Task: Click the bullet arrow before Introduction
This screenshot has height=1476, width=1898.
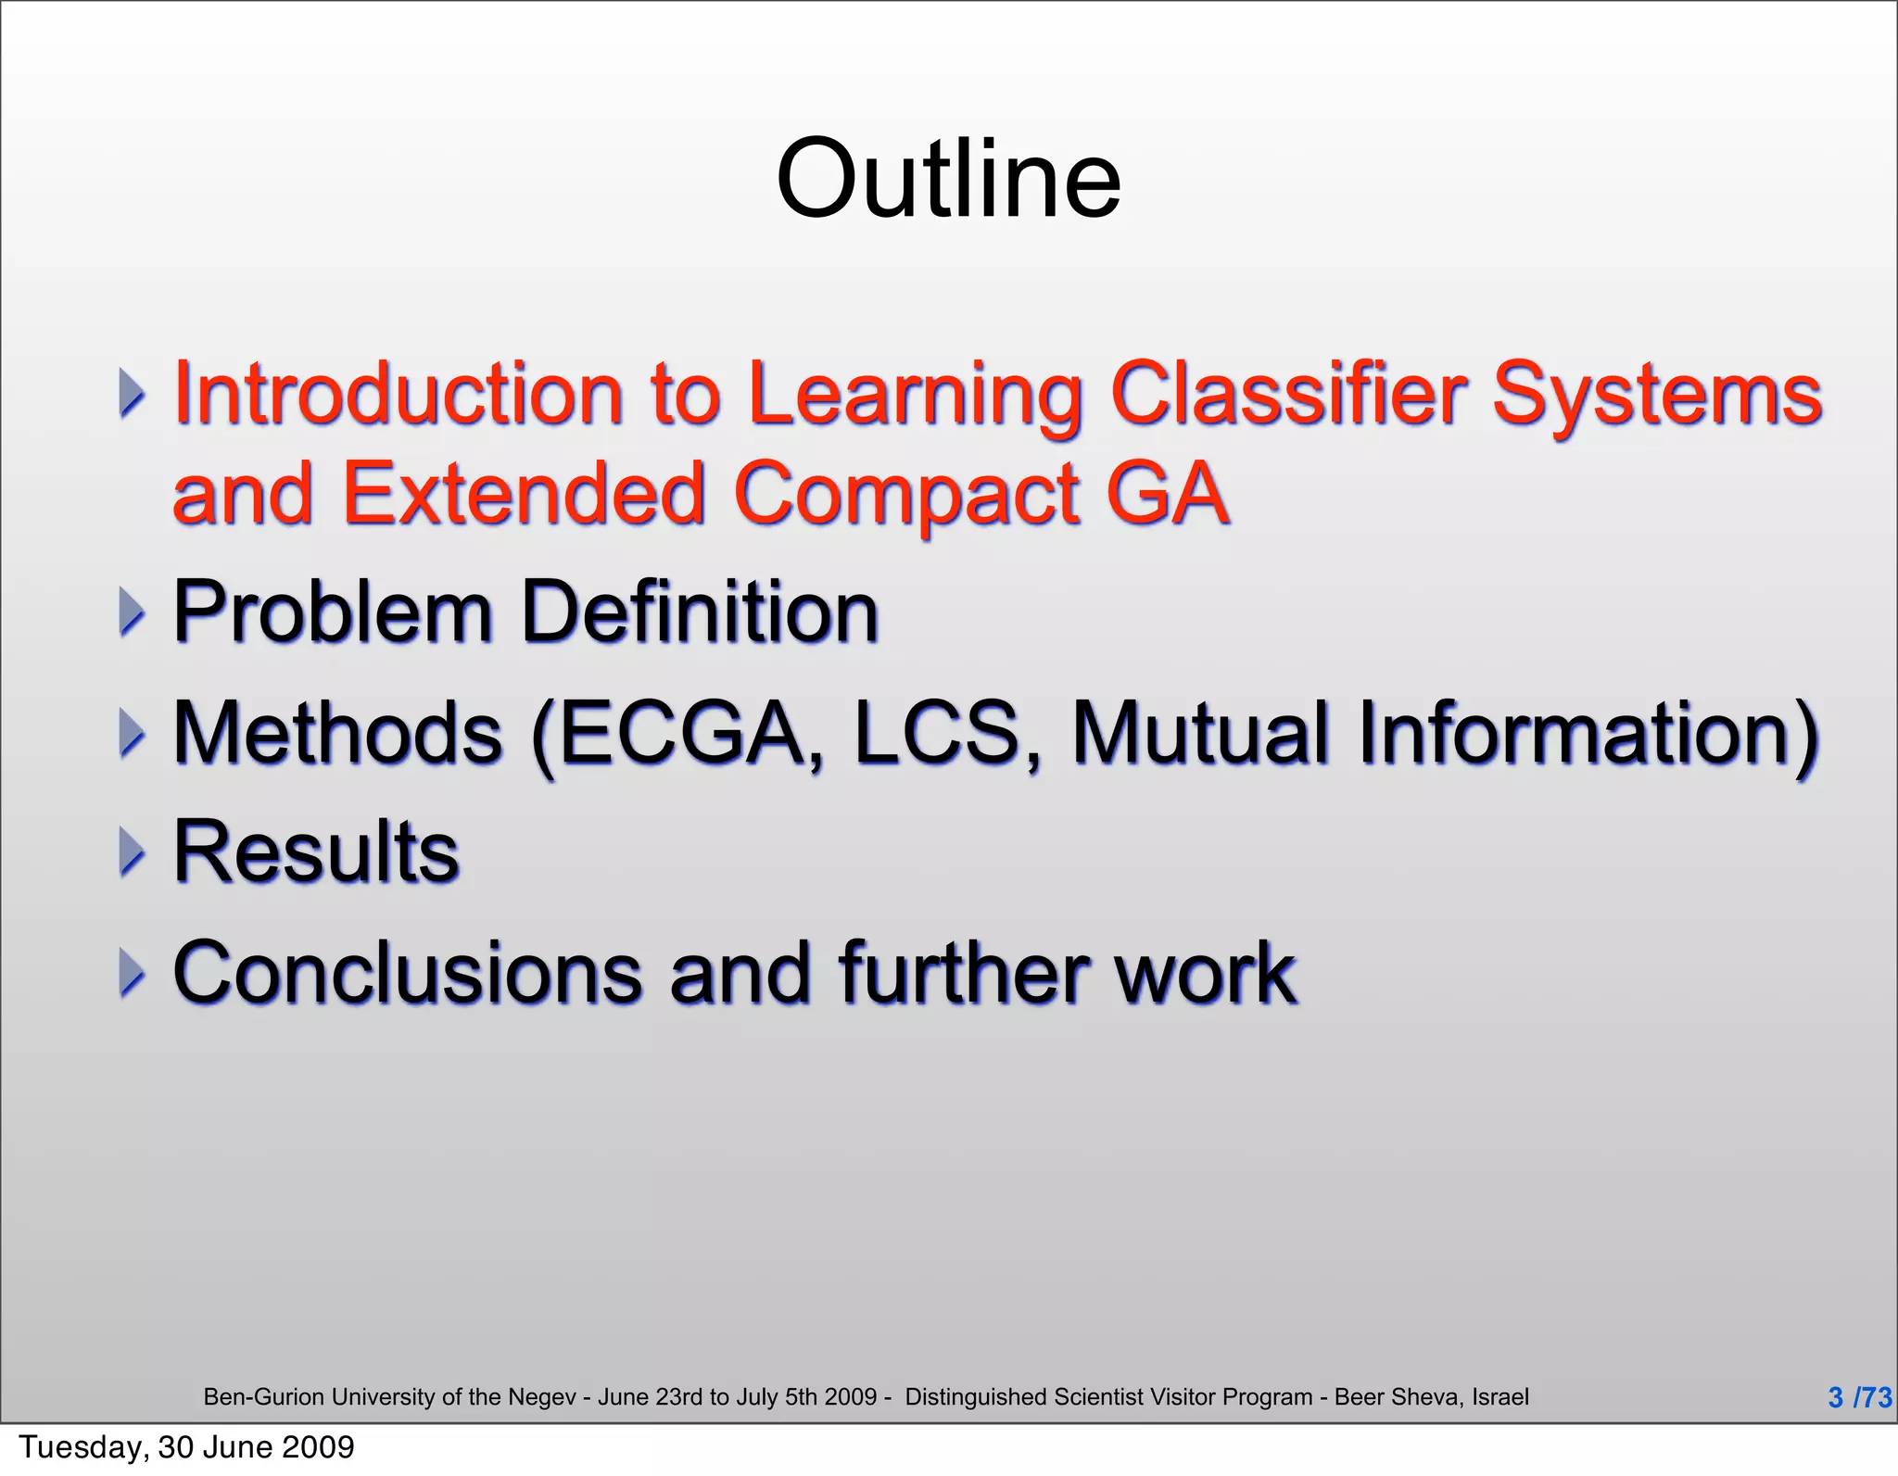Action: pyautogui.click(x=132, y=393)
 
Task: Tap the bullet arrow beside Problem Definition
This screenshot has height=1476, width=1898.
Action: pyautogui.click(x=132, y=612)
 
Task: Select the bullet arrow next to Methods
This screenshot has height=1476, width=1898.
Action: pyautogui.click(x=132, y=733)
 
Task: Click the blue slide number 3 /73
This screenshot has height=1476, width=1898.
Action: pyautogui.click(x=1859, y=1396)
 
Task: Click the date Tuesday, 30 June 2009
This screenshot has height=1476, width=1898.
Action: pyautogui.click(x=186, y=1446)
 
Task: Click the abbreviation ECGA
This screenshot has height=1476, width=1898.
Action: pyautogui.click(x=681, y=733)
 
